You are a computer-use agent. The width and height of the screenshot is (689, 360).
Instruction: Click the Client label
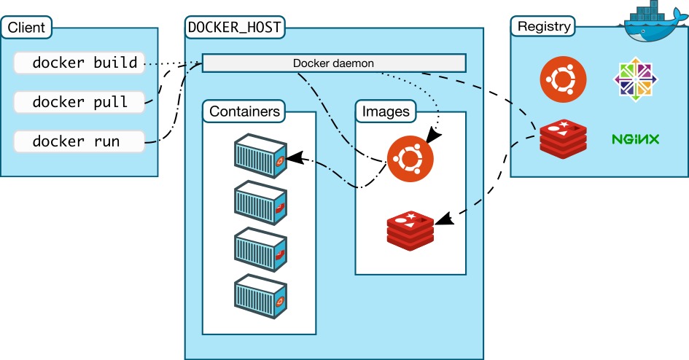[x=26, y=29]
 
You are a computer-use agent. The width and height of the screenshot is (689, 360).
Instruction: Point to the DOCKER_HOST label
[x=235, y=28]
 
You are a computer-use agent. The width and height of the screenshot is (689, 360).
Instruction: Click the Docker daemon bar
[x=333, y=63]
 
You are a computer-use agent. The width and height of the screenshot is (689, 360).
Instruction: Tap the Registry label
[x=543, y=28]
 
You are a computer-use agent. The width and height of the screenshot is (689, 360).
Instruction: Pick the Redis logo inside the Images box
[x=410, y=229]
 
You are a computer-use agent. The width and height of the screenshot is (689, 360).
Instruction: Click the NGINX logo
[x=637, y=138]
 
